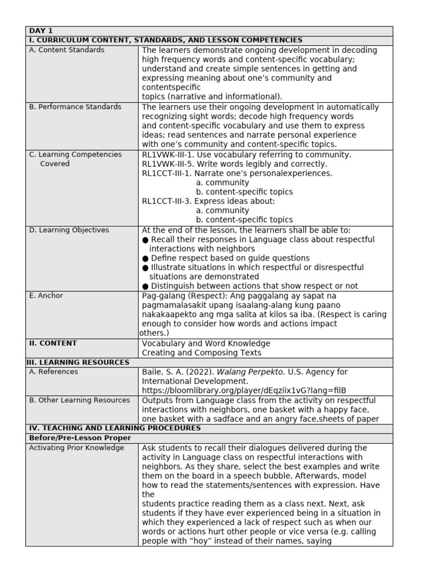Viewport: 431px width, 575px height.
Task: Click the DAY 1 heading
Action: click(x=40, y=31)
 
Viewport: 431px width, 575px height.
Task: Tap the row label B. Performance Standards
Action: click(x=75, y=107)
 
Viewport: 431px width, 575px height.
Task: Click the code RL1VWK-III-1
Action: click(x=167, y=154)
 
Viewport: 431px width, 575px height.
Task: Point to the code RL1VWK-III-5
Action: click(x=167, y=164)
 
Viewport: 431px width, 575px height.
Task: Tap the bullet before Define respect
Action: click(x=145, y=258)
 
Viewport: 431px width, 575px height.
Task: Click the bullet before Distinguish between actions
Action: click(x=145, y=286)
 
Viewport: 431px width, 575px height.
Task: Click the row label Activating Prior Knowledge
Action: click(x=76, y=448)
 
